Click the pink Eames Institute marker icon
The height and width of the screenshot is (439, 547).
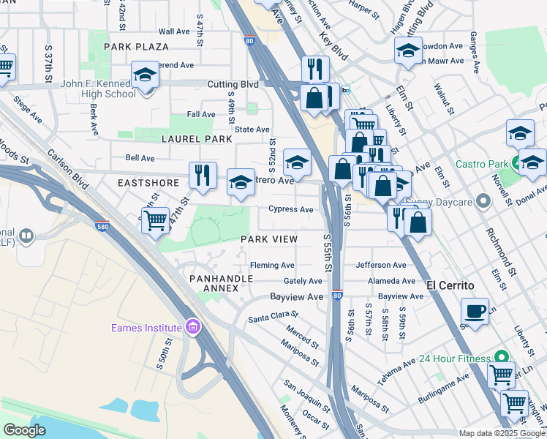click(x=192, y=326)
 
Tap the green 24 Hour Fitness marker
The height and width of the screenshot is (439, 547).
click(x=501, y=357)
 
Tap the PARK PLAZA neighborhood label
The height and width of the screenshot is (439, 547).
click(x=136, y=46)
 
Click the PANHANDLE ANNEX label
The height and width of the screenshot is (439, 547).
click(x=221, y=283)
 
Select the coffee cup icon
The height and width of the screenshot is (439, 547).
click(x=475, y=310)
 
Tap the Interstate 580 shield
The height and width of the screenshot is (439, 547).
click(x=102, y=227)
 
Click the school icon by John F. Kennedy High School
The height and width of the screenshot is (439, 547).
click(x=145, y=75)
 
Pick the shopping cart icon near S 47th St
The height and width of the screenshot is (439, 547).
click(x=155, y=219)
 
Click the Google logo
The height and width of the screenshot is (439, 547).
click(x=24, y=430)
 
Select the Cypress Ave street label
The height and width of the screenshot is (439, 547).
click(x=291, y=209)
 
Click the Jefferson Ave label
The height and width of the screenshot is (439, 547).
click(x=380, y=265)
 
